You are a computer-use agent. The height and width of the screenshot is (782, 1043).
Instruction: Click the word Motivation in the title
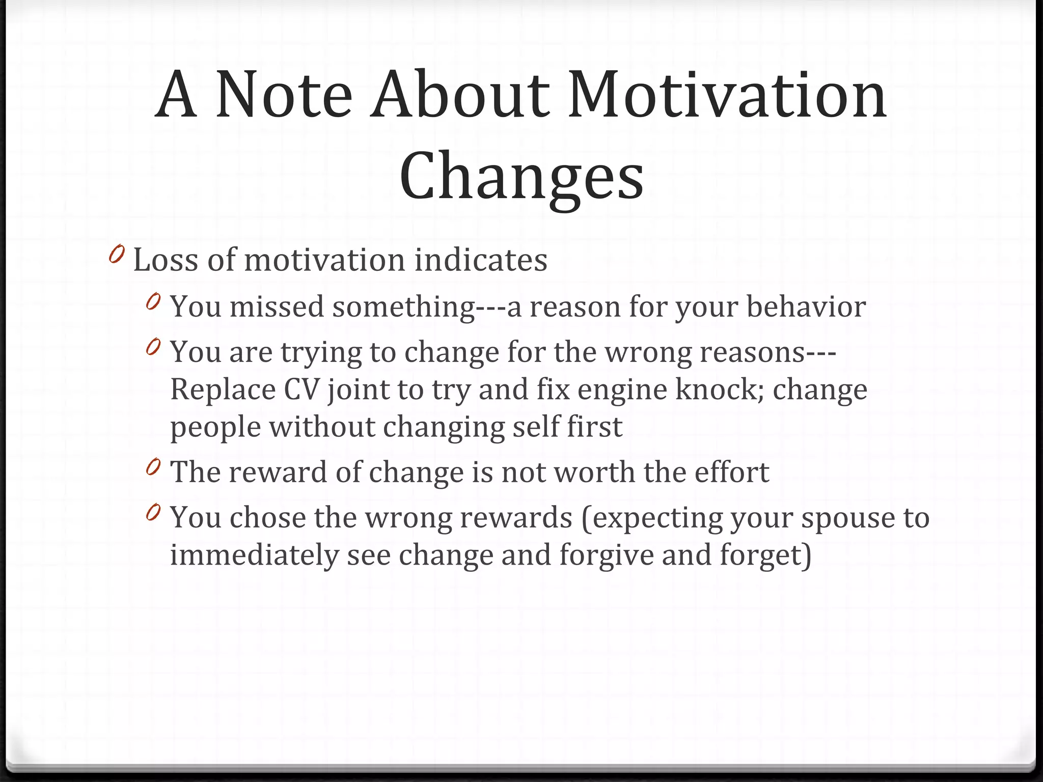pos(727,95)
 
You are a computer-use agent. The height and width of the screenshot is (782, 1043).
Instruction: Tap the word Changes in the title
pos(521,176)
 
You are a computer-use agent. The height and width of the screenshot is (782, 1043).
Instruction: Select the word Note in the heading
pos(284,95)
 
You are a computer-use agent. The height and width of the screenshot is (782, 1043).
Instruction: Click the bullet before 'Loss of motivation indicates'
pos(117,254)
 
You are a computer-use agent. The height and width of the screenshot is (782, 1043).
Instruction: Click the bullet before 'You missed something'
pos(153,302)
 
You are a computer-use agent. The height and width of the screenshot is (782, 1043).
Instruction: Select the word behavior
pos(806,307)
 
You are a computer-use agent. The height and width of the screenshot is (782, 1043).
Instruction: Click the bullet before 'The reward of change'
pos(153,467)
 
